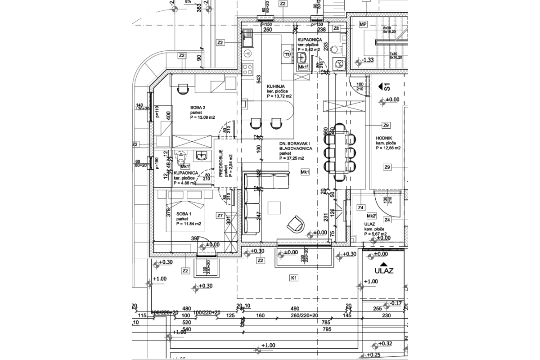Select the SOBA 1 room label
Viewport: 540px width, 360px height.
pyautogui.click(x=184, y=214)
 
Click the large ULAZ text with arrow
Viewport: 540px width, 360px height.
pyautogui.click(x=384, y=270)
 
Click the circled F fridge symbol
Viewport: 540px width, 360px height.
pyautogui.click(x=286, y=54)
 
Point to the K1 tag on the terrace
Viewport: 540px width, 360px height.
pyautogui.click(x=293, y=278)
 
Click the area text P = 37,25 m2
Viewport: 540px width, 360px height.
pyautogui.click(x=292, y=158)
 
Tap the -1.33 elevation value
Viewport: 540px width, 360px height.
pyautogui.click(x=368, y=60)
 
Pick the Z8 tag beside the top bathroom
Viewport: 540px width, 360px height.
pyautogui.click(x=336, y=28)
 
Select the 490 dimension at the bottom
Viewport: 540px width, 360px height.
pyautogui.click(x=294, y=309)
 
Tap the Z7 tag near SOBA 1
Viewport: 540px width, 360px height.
pyautogui.click(x=220, y=216)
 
